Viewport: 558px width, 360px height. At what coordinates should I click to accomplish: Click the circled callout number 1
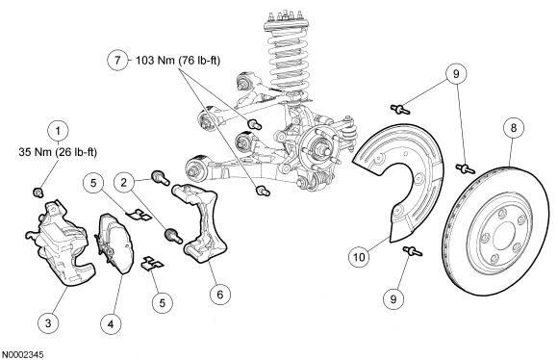[x=58, y=131]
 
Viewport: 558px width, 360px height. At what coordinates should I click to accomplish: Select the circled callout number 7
[x=117, y=60]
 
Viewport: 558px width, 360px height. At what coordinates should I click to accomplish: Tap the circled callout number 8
[x=513, y=128]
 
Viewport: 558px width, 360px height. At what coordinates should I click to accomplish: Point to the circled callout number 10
[x=359, y=257]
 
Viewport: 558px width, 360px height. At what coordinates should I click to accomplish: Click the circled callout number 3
[x=48, y=323]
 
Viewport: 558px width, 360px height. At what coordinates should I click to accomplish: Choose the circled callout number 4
[x=111, y=324]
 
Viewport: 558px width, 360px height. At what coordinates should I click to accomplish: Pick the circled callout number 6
[x=220, y=295]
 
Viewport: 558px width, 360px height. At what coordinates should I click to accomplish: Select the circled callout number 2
[x=123, y=182]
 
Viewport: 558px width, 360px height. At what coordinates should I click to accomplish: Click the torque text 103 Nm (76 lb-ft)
[x=178, y=61]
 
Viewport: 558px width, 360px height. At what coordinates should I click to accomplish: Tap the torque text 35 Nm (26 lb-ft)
[x=58, y=152]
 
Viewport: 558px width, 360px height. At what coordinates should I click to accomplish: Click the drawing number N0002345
[x=23, y=355]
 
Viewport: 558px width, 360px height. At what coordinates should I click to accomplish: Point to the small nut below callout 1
[x=38, y=193]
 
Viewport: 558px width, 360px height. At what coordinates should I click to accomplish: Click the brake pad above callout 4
[x=114, y=244]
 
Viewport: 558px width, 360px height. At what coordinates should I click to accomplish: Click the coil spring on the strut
[x=289, y=57]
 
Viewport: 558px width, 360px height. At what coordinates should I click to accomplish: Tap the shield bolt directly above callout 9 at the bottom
[x=413, y=251]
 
